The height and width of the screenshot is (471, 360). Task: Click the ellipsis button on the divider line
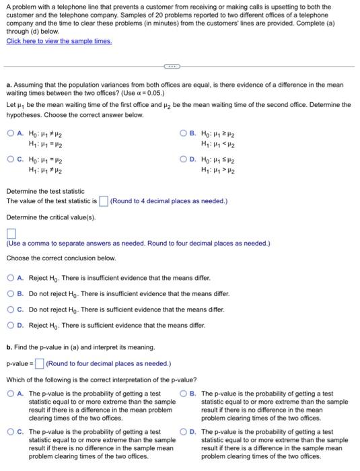point(173,67)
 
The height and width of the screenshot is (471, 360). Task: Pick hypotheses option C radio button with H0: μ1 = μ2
point(11,160)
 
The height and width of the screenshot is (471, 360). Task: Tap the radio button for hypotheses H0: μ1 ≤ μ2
point(184,160)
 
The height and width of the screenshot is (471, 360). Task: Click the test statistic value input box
point(104,201)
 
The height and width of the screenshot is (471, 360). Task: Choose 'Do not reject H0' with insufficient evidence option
point(11,293)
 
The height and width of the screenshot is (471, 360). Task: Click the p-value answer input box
point(40,364)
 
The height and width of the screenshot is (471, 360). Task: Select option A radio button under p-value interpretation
point(11,394)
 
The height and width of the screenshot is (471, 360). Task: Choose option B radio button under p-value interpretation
point(184,394)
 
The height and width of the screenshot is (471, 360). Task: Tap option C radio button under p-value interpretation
point(11,432)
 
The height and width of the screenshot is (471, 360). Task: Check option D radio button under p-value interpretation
point(184,432)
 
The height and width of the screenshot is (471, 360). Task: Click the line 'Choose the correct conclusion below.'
point(61,258)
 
